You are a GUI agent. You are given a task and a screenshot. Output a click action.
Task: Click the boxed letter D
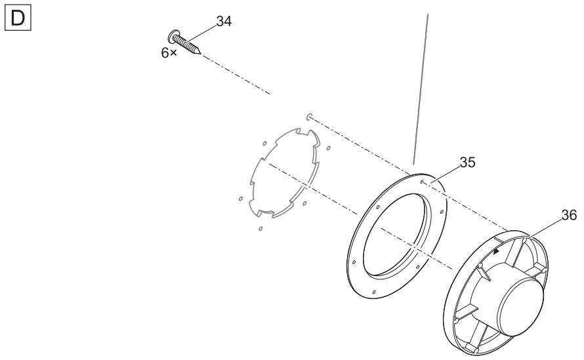coord(18,18)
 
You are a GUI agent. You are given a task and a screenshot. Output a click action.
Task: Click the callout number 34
coord(224,22)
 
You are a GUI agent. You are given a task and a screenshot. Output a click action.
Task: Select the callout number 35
coord(467,163)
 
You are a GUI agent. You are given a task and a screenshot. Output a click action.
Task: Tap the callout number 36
coord(569,215)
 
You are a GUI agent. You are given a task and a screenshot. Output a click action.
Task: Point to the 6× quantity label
coord(169,53)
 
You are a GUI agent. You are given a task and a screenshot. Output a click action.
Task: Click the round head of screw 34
coord(172,37)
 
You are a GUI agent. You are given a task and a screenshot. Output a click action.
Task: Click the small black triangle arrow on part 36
coord(496,252)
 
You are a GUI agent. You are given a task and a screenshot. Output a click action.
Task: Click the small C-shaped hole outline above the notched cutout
coord(309,117)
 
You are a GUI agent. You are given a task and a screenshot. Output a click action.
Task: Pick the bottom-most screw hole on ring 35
coord(374,292)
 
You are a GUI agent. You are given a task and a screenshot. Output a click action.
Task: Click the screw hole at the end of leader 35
coord(421,182)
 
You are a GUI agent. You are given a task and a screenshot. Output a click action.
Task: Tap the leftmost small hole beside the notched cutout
coord(241,199)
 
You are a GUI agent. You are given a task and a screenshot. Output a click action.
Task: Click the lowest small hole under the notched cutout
coord(261,228)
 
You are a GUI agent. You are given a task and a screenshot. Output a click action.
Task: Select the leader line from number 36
coord(545,228)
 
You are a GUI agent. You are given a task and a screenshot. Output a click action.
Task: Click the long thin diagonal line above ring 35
coord(421,89)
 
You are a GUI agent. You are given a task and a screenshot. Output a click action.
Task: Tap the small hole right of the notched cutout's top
coord(329,148)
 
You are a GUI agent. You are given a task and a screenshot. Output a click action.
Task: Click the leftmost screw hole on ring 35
coord(354,262)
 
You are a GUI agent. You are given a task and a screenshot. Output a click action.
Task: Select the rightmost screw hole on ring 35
coord(442,212)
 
